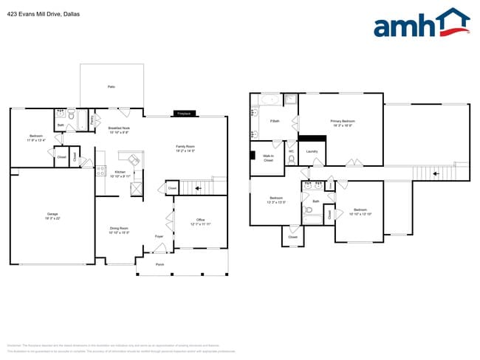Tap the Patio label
click(x=112, y=87)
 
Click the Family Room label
click(x=185, y=148)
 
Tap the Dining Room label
click(x=119, y=230)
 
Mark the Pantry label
click(x=92, y=119)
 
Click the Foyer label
click(x=159, y=236)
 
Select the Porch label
click(x=160, y=263)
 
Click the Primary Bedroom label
click(x=342, y=122)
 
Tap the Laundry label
click(x=312, y=152)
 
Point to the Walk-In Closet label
click(x=268, y=157)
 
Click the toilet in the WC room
click(x=292, y=159)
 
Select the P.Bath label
click(x=275, y=121)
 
